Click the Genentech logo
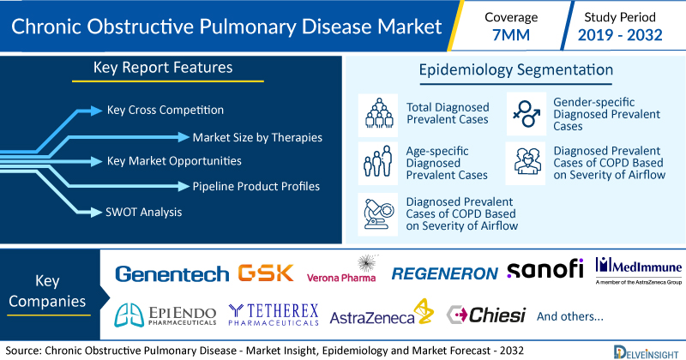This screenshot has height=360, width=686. [x=172, y=274]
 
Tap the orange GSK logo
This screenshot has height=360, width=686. [x=266, y=273]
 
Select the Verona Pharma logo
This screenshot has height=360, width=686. [x=341, y=269]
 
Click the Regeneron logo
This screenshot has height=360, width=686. [x=444, y=273]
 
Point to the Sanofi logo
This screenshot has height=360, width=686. [x=545, y=268]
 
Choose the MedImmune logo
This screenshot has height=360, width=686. [x=638, y=271]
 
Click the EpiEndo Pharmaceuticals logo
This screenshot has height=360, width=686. [x=165, y=315]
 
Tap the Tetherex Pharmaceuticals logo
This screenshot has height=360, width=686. [x=274, y=315]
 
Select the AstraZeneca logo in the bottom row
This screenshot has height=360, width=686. [x=382, y=312]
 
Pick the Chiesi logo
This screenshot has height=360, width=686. [x=485, y=315]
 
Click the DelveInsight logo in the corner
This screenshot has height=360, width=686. [x=646, y=351]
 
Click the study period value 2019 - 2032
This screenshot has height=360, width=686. [x=620, y=35]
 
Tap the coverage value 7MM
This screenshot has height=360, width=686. [x=511, y=35]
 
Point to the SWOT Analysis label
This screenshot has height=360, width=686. [x=143, y=213]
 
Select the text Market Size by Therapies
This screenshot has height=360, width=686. [x=257, y=137]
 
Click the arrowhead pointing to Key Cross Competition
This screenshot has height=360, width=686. [x=96, y=111]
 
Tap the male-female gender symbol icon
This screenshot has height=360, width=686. [x=527, y=114]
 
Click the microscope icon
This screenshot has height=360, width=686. [x=378, y=214]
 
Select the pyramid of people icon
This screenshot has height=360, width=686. [x=378, y=114]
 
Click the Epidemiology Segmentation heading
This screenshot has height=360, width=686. [x=516, y=70]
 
